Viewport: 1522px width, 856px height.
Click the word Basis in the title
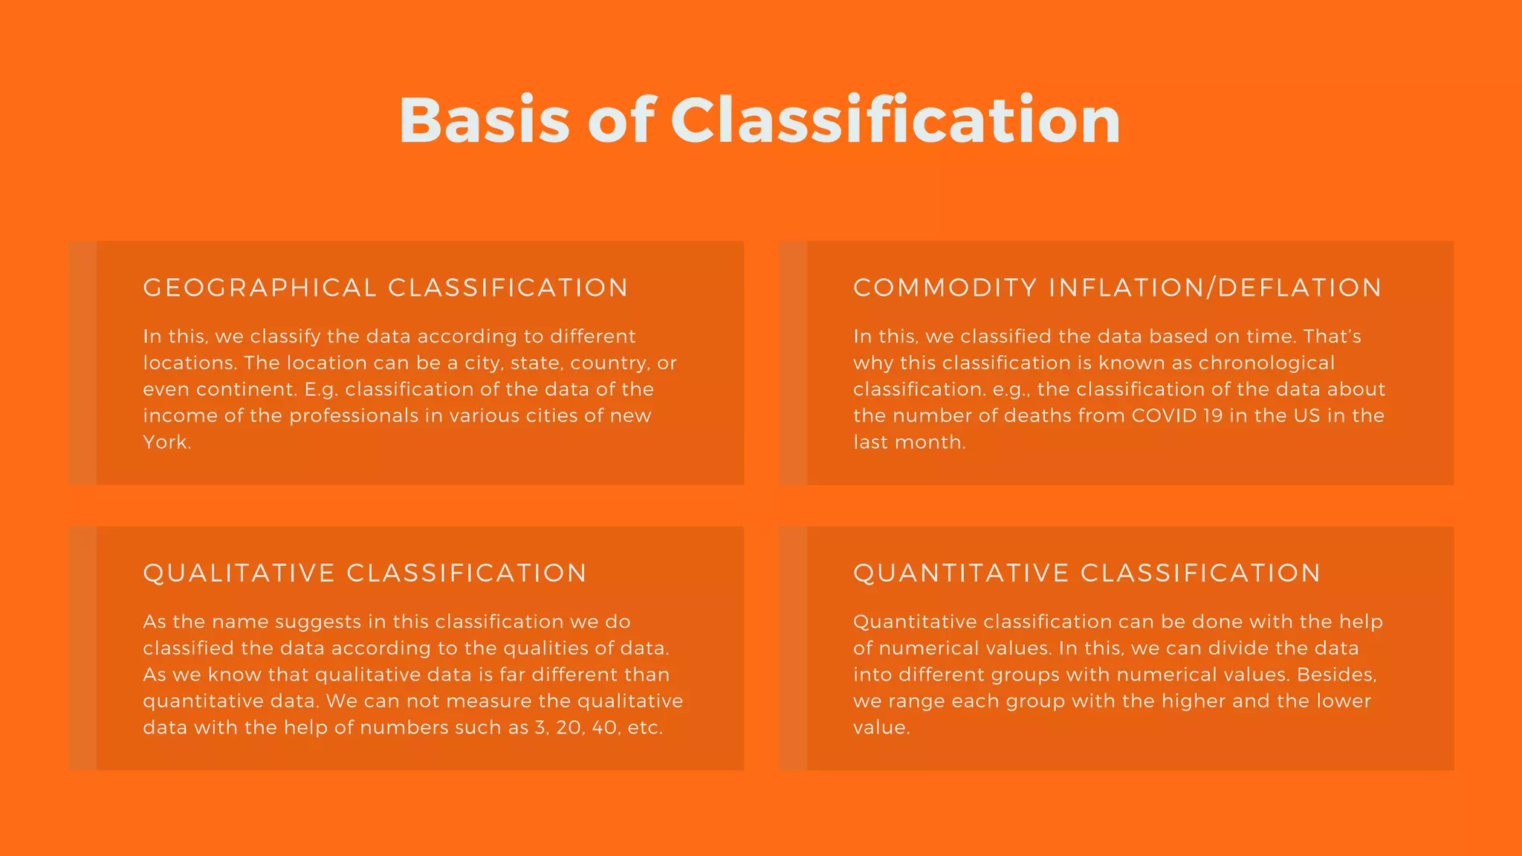click(484, 120)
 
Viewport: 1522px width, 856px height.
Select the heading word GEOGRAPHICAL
click(260, 288)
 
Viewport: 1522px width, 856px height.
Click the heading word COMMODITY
click(945, 288)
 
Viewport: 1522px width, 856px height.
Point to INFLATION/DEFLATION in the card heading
click(1215, 288)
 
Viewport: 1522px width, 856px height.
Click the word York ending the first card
click(166, 442)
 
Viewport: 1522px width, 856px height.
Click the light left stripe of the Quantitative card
click(793, 648)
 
